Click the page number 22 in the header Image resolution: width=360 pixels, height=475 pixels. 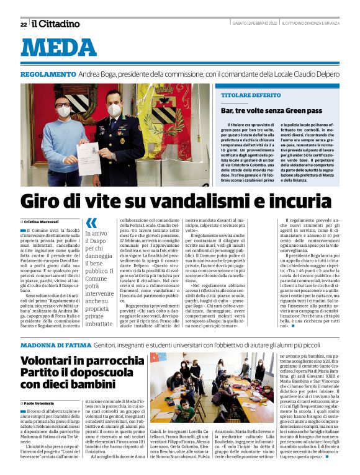(24, 24)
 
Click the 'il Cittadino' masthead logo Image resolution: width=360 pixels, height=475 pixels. (56, 24)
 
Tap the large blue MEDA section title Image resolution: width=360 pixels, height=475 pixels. (58, 48)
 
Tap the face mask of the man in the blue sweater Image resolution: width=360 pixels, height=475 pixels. (64, 113)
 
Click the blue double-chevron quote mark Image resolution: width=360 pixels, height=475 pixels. (91, 223)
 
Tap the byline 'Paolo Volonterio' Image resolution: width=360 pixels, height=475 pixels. (41, 404)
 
